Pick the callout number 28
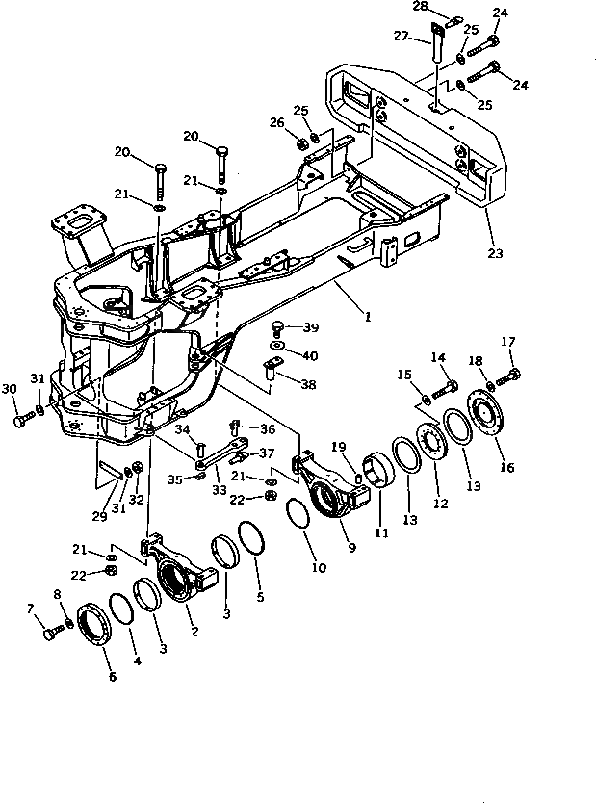click(x=421, y=7)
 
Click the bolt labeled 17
click(x=511, y=375)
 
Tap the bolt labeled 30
click(x=22, y=421)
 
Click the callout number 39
click(x=310, y=327)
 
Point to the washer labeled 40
click(x=277, y=344)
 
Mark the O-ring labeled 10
click(x=299, y=515)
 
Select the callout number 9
click(x=352, y=548)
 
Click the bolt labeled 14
click(x=445, y=390)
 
